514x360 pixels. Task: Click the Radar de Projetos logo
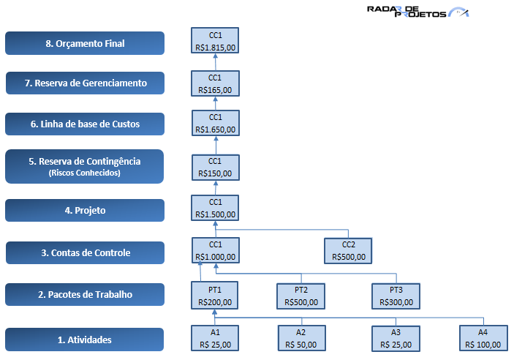coord(417,12)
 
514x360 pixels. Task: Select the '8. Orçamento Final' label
coord(84,43)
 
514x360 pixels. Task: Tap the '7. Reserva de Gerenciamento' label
coord(84,83)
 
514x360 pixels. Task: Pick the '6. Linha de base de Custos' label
coord(84,124)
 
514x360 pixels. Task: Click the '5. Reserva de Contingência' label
coord(84,166)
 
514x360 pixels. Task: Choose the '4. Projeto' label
coord(84,210)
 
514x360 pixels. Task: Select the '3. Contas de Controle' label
coord(84,252)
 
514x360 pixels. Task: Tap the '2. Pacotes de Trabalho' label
coord(84,294)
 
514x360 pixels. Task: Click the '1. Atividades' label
coord(84,340)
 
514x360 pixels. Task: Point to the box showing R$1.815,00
coord(215,42)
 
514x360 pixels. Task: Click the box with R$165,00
coord(215,84)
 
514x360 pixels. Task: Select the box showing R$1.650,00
coord(215,124)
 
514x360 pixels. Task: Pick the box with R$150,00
coord(215,168)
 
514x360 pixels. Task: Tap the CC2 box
coord(349,251)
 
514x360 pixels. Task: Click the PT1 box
coord(215,295)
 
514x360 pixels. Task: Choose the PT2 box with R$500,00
coord(301,296)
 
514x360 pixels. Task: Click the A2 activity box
coord(301,338)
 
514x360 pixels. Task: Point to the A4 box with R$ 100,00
coord(483,338)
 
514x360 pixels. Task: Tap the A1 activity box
coord(215,338)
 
